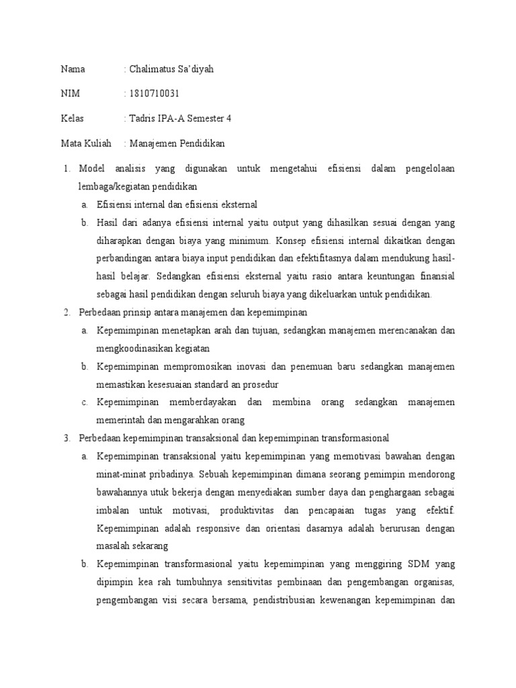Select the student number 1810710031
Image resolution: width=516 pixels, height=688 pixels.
(x=154, y=94)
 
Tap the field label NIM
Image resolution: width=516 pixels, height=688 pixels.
(x=69, y=94)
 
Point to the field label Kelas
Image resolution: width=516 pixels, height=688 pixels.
(x=72, y=118)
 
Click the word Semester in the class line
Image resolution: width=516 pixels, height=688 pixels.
(x=204, y=118)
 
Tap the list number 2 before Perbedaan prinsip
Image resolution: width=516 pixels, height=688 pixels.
(x=67, y=312)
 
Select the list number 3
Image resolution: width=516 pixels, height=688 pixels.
(x=67, y=438)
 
